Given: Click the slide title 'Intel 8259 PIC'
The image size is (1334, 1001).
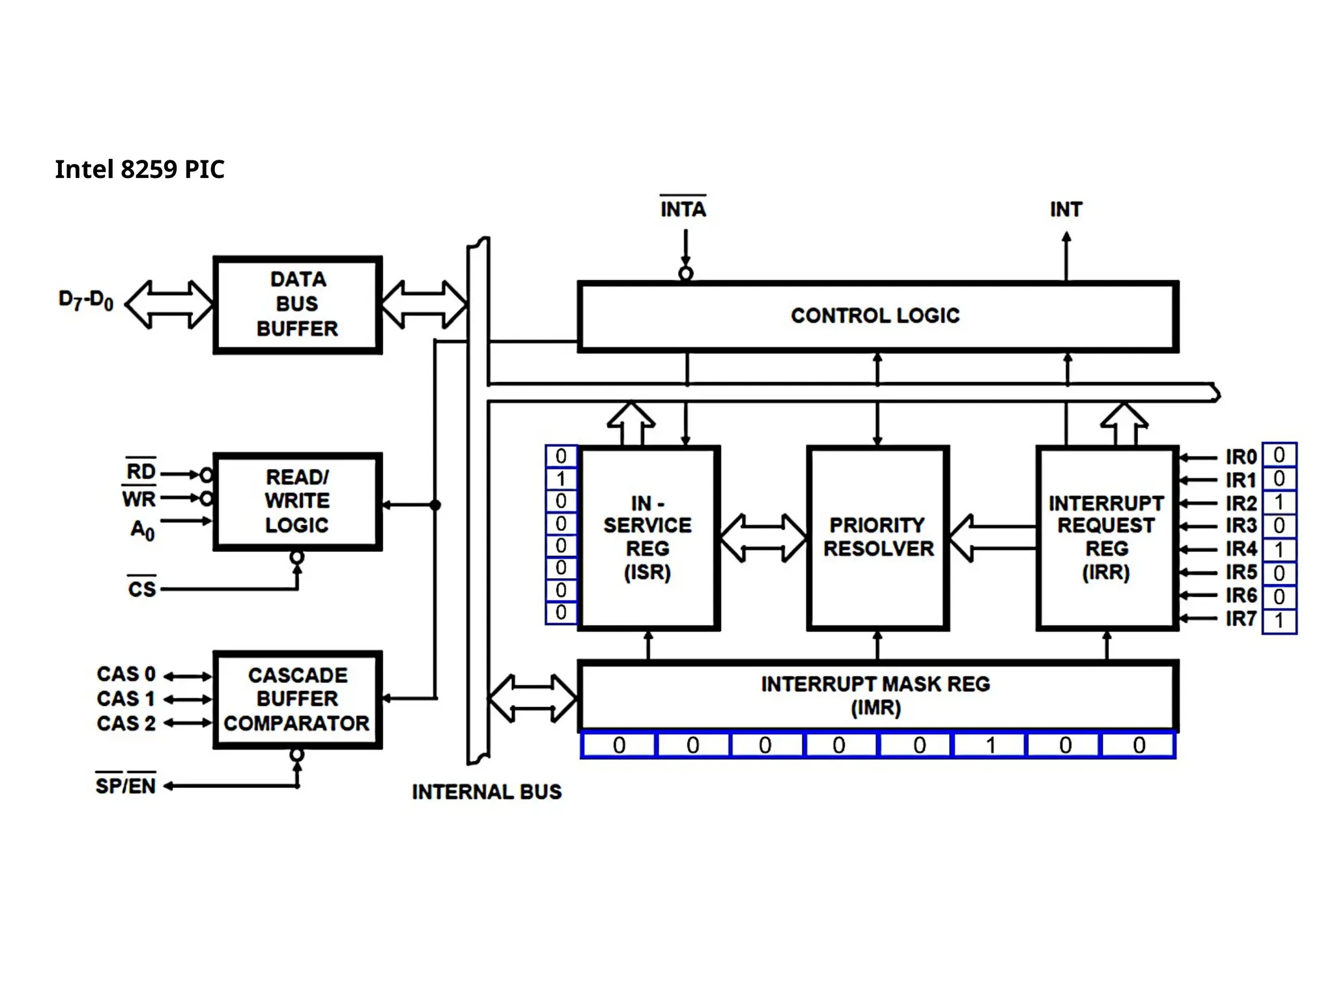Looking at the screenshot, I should pyautogui.click(x=139, y=169).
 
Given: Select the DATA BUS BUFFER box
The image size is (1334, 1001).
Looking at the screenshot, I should pyautogui.click(x=298, y=304).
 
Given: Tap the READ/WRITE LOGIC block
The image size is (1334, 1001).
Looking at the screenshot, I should pyautogui.click(x=298, y=501).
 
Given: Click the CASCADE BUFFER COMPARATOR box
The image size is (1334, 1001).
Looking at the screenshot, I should pyautogui.click(x=298, y=699).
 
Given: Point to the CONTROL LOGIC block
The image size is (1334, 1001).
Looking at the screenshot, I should pyautogui.click(x=876, y=316).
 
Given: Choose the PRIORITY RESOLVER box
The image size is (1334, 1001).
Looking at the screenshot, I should pyautogui.click(x=878, y=537).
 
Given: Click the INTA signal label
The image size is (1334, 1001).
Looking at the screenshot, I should pyautogui.click(x=683, y=209).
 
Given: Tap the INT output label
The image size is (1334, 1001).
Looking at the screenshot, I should pyautogui.click(x=1066, y=209).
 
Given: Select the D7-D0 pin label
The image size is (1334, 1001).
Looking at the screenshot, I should pyautogui.click(x=86, y=300).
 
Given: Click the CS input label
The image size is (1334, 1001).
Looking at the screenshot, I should pyautogui.click(x=142, y=589).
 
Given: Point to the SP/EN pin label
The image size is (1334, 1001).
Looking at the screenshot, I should pyautogui.click(x=126, y=785).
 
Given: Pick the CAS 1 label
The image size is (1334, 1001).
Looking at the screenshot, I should pyautogui.click(x=126, y=699).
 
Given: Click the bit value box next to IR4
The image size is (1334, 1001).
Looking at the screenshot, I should pyautogui.click(x=1279, y=549).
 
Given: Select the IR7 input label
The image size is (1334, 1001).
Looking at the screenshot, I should pyautogui.click(x=1241, y=618).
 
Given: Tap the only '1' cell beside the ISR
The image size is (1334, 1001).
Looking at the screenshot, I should pyautogui.click(x=561, y=479).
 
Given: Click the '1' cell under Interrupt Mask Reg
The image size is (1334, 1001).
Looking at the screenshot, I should pyautogui.click(x=990, y=745).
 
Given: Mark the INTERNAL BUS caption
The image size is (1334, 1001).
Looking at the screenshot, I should pyautogui.click(x=487, y=792).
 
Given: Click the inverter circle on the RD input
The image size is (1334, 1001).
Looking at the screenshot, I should pyautogui.click(x=206, y=474).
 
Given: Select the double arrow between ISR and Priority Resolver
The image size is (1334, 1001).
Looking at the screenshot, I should pyautogui.click(x=763, y=538).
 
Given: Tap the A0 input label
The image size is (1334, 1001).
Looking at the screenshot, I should pyautogui.click(x=143, y=529).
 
